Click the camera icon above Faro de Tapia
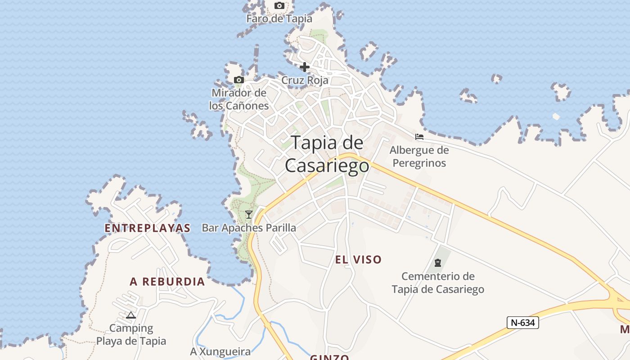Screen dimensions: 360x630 (x=279, y=6)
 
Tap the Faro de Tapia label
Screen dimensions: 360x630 (x=279, y=19)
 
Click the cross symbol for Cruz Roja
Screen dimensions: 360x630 (x=305, y=67)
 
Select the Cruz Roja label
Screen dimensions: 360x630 (x=305, y=81)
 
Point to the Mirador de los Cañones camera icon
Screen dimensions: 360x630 (x=239, y=80)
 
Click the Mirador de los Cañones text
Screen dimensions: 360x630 (x=239, y=99)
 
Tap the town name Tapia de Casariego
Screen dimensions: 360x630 (x=327, y=154)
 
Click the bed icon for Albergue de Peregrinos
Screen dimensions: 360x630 (x=419, y=137)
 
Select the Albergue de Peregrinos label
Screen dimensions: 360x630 (x=419, y=157)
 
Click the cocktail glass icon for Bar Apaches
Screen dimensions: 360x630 (x=248, y=215)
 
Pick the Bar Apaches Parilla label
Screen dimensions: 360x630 (x=249, y=228)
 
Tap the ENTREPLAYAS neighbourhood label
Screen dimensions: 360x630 (x=148, y=228)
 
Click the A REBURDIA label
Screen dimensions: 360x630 (x=167, y=282)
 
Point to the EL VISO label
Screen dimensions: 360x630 (x=358, y=260)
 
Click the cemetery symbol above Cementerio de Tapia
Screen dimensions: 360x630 (x=438, y=263)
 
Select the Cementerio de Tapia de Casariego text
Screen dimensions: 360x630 (x=438, y=283)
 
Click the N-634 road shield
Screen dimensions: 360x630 (x=522, y=322)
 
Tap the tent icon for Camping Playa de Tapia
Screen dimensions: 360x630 (x=131, y=315)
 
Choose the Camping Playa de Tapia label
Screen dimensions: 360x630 (x=131, y=335)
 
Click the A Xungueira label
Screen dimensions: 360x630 (x=220, y=352)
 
